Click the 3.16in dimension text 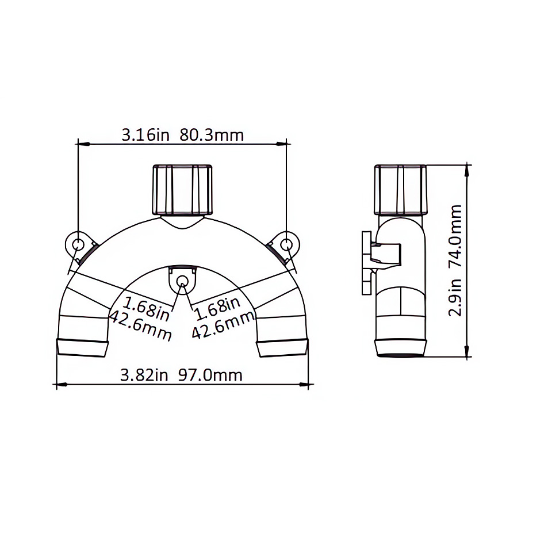tap(145, 135)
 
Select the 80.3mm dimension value tap(212, 135)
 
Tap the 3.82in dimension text tap(144, 375)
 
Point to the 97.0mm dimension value tap(210, 375)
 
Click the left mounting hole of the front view tap(76, 244)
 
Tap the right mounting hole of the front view tap(287, 244)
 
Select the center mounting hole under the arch tap(182, 281)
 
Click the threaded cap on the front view tap(182, 190)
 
